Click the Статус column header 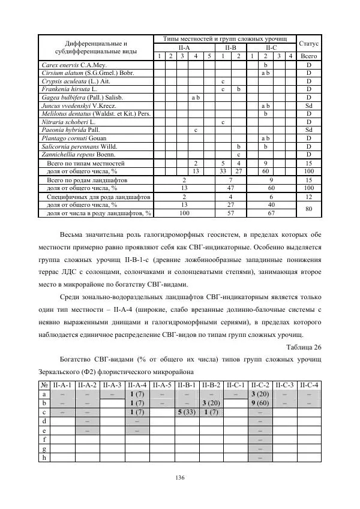[x=308, y=44]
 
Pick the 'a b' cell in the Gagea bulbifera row [x=195, y=97]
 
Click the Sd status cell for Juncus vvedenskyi [x=308, y=105]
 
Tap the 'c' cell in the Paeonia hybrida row [x=195, y=129]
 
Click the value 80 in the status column [x=308, y=209]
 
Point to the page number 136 [x=180, y=477]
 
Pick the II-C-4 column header [x=308, y=385]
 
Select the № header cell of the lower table [x=44, y=385]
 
